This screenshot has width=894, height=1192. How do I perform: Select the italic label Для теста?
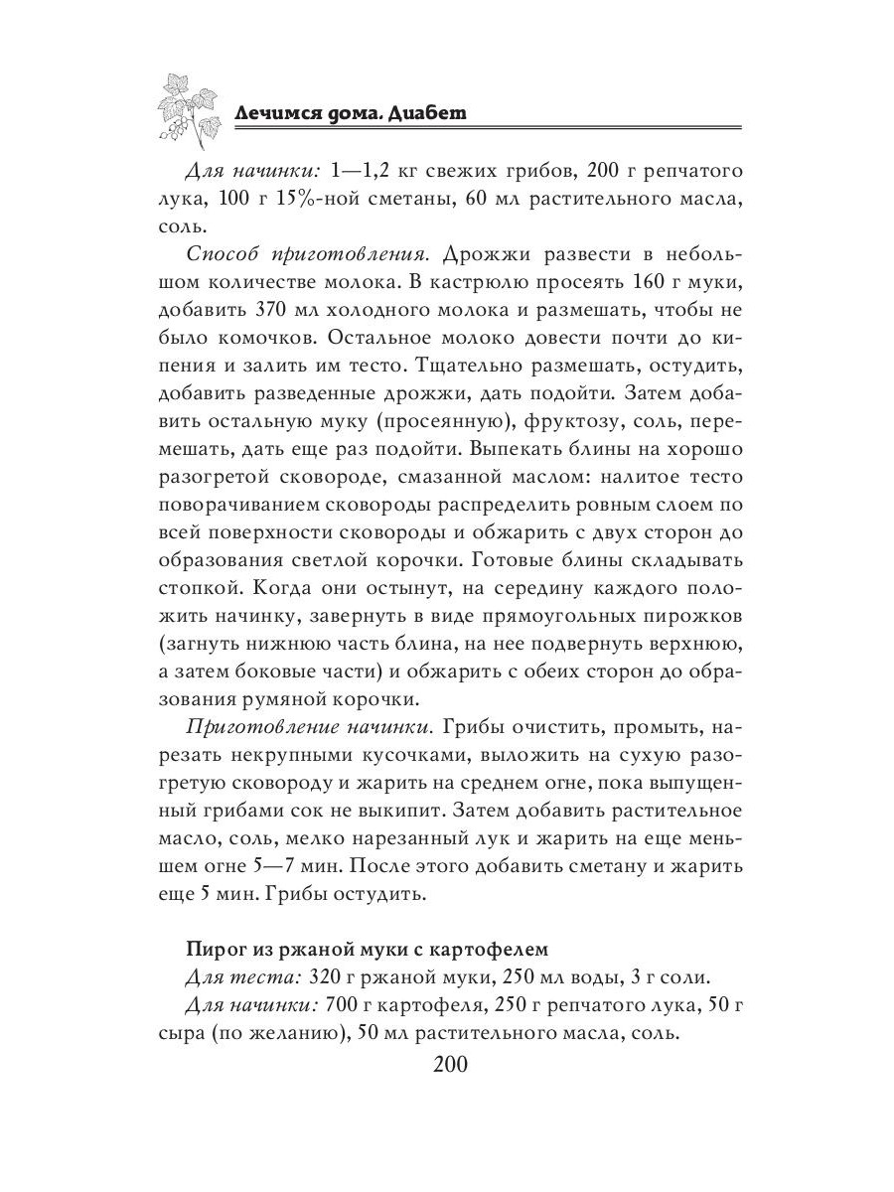pyautogui.click(x=243, y=977)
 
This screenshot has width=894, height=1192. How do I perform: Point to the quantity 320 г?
pyautogui.click(x=332, y=977)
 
